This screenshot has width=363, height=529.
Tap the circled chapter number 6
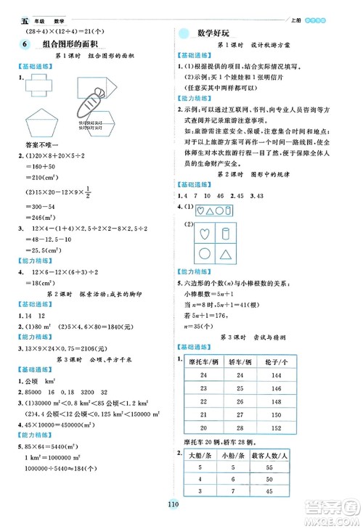tap(26, 46)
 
